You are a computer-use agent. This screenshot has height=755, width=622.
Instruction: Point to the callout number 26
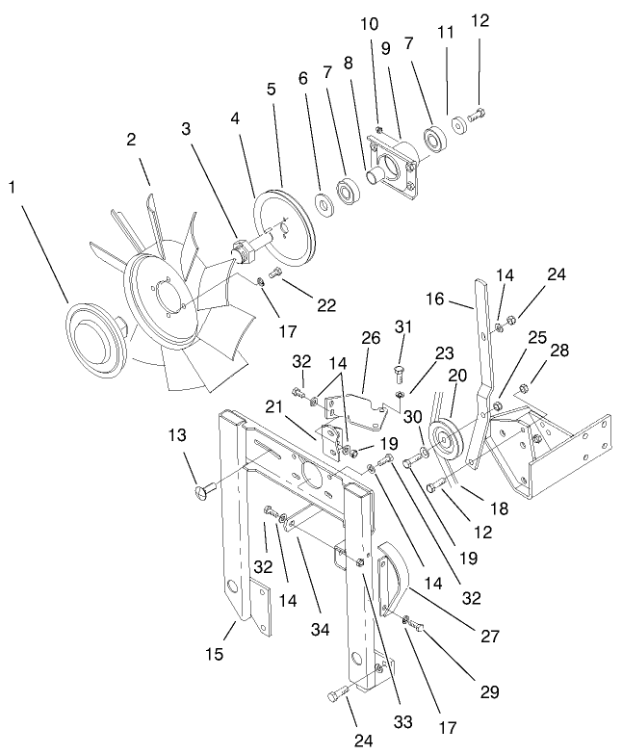pyautogui.click(x=372, y=339)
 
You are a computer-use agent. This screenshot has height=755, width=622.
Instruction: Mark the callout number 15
pyautogui.click(x=216, y=655)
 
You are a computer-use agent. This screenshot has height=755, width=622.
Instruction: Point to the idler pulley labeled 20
pyautogui.click(x=446, y=444)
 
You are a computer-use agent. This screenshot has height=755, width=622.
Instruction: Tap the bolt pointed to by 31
pyautogui.click(x=401, y=370)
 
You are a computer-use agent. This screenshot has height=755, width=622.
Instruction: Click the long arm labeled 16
pyautogui.click(x=485, y=347)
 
